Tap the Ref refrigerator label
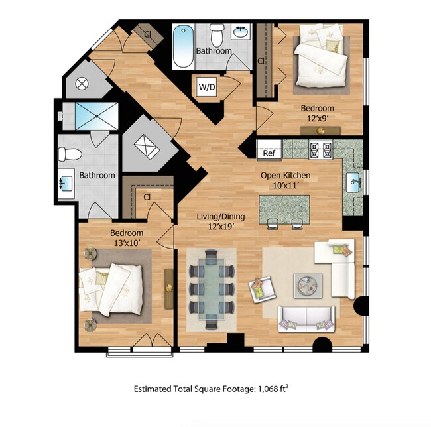(269, 153)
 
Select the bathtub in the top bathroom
(182, 46)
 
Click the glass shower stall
(97, 115)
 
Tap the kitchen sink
(353, 180)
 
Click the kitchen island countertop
(284, 209)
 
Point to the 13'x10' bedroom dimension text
(126, 243)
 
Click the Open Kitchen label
(286, 176)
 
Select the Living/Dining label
(221, 217)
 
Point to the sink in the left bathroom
(67, 180)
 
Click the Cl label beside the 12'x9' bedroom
(261, 60)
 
